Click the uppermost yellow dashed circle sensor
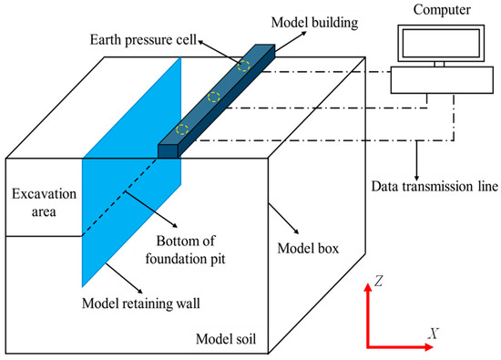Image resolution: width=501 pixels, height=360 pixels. click(243, 65)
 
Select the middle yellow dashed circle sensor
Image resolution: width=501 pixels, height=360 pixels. click(214, 96)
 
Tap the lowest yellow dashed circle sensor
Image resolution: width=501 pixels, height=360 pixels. click(183, 129)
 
